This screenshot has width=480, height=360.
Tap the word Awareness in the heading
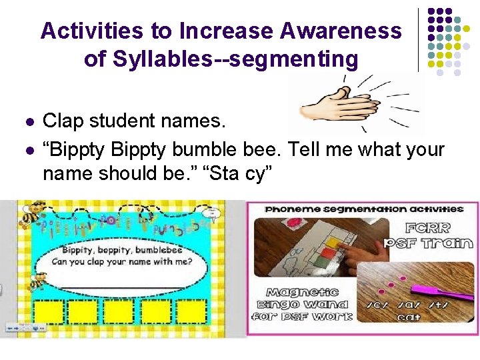coord(341,31)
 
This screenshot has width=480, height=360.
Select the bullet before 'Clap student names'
coord(27,122)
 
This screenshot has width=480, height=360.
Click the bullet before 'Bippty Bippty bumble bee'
coord(27,149)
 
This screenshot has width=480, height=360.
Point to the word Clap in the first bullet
coord(61,121)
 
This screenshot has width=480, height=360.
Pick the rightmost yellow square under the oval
coord(207,312)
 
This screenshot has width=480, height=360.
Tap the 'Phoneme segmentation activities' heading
coord(363,209)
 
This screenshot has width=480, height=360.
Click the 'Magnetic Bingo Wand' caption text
coord(303,303)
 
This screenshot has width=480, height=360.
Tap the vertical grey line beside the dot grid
coord(418,40)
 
